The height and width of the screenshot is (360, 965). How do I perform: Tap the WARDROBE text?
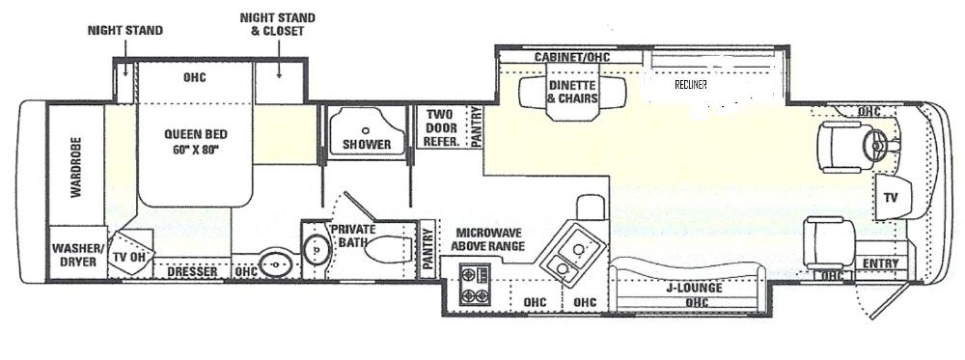tap(75, 167)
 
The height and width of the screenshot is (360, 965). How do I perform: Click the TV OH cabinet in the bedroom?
tap(130, 253)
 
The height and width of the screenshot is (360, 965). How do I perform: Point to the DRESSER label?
tap(193, 271)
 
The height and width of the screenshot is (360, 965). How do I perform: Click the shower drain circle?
tap(366, 130)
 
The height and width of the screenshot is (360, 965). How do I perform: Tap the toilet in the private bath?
tap(387, 249)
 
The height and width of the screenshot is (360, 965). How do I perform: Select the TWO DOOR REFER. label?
tap(441, 128)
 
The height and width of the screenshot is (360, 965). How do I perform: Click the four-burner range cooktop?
tap(475, 285)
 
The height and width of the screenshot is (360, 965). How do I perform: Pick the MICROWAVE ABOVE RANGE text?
tap(488, 239)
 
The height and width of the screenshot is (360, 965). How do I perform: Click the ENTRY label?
tap(881, 263)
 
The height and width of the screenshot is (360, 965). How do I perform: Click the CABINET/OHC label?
tap(571, 57)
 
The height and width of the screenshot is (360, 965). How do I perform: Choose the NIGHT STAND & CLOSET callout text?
tap(278, 24)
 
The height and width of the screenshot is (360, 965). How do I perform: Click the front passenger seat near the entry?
tap(829, 242)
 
